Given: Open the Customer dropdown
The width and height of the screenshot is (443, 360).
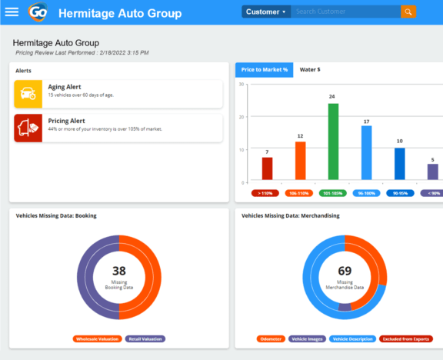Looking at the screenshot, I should (x=266, y=12).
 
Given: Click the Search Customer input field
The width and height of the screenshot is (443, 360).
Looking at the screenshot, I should (x=346, y=12).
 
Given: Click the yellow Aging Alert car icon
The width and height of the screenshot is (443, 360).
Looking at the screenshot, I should (x=28, y=94).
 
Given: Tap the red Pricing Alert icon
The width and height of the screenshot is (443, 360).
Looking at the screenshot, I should (x=28, y=128).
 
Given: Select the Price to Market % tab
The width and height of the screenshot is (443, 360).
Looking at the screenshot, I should (x=264, y=70).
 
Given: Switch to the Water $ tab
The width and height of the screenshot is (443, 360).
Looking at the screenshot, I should (x=310, y=70).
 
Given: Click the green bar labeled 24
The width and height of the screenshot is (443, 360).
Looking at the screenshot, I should (x=333, y=142).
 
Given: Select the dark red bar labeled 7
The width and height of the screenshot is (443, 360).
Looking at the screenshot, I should (x=267, y=168).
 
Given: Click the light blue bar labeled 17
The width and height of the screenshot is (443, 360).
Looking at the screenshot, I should (x=366, y=152).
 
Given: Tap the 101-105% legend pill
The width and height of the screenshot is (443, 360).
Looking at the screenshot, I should (x=333, y=193).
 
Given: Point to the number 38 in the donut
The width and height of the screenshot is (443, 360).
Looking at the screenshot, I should (x=119, y=271).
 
